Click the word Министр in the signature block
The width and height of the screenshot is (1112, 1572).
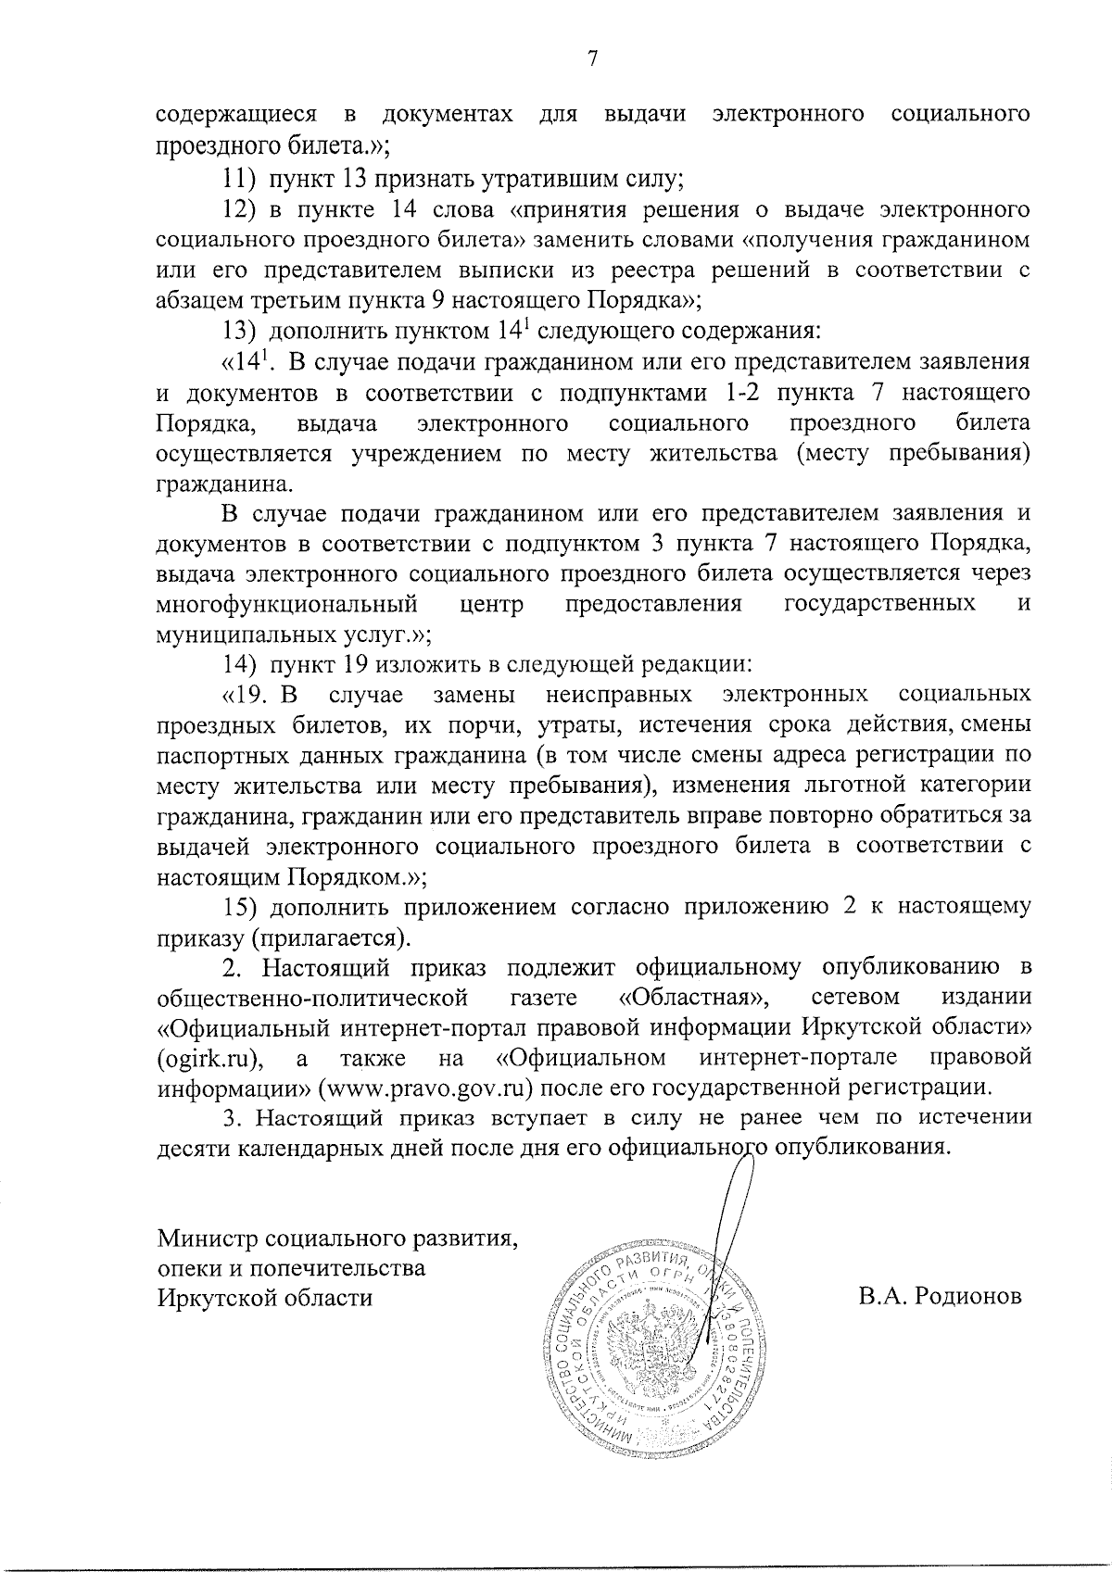(x=208, y=1239)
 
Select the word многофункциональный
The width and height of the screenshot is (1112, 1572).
(x=285, y=605)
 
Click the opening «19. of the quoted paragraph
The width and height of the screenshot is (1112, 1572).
(x=252, y=695)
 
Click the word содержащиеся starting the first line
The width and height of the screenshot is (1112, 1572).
(x=236, y=115)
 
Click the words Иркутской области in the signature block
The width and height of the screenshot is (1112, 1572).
(x=265, y=1298)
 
